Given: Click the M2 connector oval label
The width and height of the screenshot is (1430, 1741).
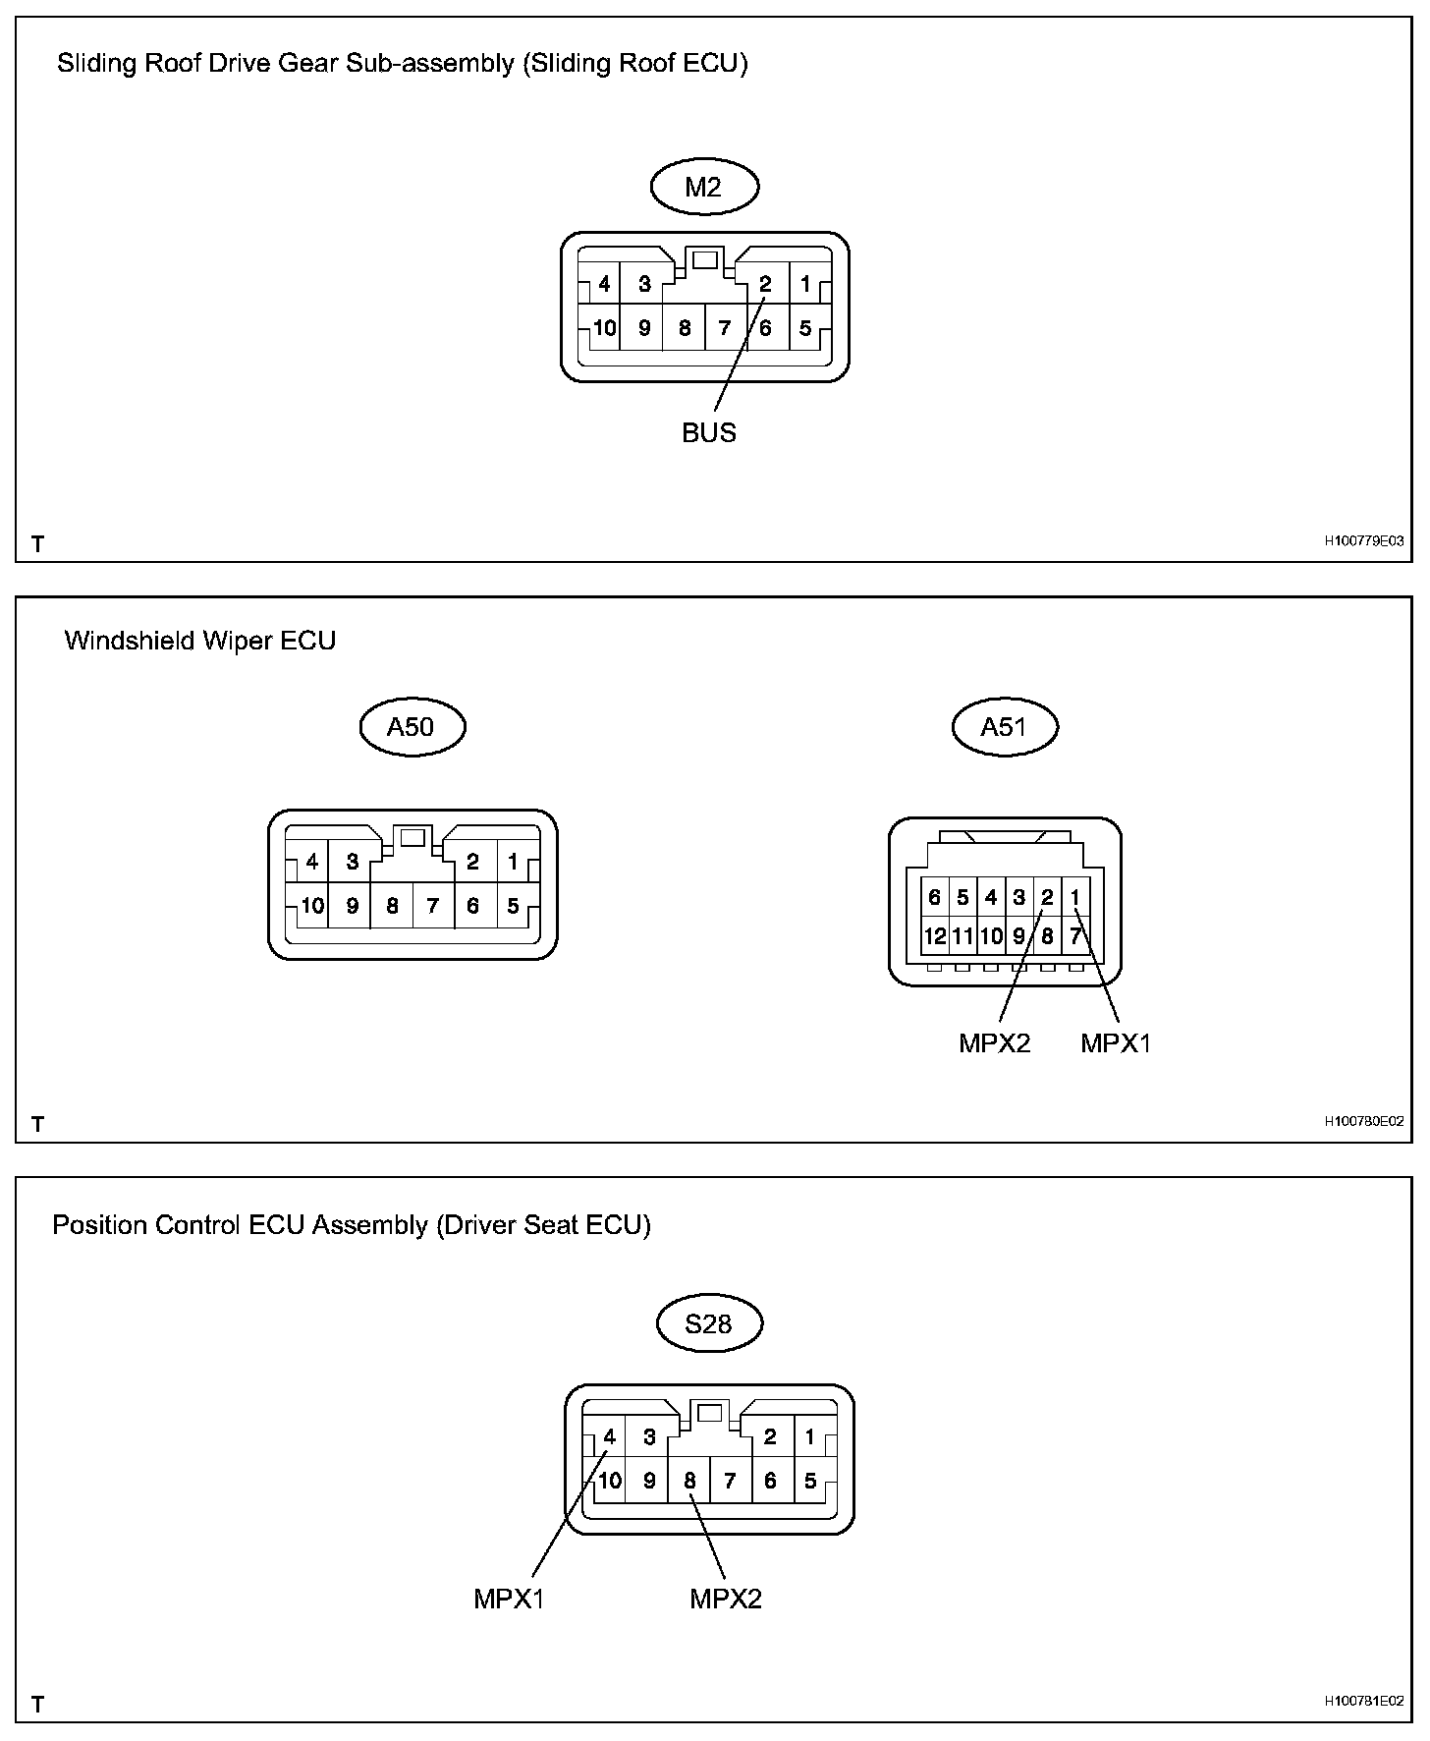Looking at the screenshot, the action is tap(704, 187).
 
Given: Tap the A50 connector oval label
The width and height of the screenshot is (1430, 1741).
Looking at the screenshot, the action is tap(411, 726).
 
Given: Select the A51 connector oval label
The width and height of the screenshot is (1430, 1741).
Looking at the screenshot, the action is tap(1004, 726).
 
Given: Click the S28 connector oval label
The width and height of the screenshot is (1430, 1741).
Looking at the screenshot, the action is tap(708, 1323).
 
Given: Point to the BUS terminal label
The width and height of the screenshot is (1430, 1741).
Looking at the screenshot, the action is tap(708, 432).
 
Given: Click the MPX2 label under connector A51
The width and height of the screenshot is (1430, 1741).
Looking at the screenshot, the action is tap(994, 1042).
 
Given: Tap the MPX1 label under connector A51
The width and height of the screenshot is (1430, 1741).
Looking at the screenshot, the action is tap(1115, 1042).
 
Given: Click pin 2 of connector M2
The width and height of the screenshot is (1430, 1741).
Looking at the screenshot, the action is tap(765, 285).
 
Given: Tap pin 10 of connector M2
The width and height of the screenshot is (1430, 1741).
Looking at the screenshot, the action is tap(604, 328).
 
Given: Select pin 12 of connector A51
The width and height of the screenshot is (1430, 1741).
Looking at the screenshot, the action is tap(934, 936).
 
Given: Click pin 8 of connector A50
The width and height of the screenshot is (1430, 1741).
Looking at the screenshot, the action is tap(392, 906).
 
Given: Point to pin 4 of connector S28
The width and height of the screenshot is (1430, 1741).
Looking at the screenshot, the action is tap(609, 1437).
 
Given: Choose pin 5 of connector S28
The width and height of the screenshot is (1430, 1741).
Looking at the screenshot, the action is tap(810, 1481).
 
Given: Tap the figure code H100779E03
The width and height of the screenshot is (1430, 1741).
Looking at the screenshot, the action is tap(1363, 541).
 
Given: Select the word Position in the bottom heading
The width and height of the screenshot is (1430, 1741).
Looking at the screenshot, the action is tap(96, 1225).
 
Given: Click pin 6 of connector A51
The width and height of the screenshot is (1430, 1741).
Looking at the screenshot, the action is tap(934, 897).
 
